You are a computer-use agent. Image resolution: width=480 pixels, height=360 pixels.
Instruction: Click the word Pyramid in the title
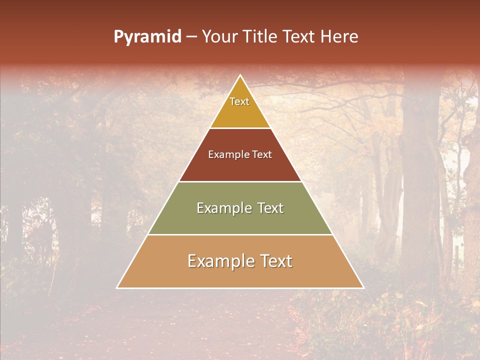click(147, 37)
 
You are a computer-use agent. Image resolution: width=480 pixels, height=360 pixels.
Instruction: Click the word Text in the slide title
click(299, 37)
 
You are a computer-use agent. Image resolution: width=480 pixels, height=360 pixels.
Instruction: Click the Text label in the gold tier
click(239, 101)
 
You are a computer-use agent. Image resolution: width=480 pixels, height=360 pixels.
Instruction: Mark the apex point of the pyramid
click(240, 75)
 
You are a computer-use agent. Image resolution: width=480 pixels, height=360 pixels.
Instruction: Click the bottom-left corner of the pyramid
click(117, 287)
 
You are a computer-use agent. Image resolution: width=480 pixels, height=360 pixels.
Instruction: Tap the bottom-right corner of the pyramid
click(363, 287)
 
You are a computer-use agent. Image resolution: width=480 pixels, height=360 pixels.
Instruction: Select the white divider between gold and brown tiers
click(240, 128)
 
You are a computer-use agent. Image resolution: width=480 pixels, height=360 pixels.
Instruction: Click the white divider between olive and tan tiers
click(240, 234)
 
